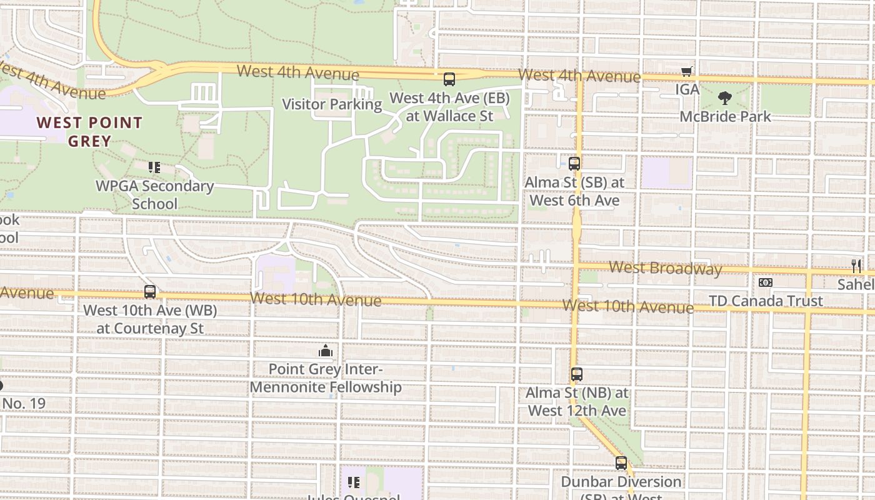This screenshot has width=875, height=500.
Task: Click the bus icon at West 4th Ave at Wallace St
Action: pyautogui.click(x=449, y=79)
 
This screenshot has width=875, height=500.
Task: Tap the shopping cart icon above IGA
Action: pyautogui.click(x=687, y=72)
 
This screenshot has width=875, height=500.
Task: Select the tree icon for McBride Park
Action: pyautogui.click(x=725, y=98)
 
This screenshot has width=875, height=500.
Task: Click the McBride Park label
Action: pyautogui.click(x=725, y=116)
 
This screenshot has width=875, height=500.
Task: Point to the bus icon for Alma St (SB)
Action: pyautogui.click(x=574, y=164)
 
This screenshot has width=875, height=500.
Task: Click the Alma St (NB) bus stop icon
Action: pyautogui.click(x=576, y=375)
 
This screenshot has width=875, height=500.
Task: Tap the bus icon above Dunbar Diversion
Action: pyautogui.click(x=621, y=463)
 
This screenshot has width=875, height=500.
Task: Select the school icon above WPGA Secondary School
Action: pyautogui.click(x=154, y=167)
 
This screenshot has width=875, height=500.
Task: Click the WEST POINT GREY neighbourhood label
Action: pyautogui.click(x=89, y=131)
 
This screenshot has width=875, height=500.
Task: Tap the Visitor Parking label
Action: pyautogui.click(x=332, y=104)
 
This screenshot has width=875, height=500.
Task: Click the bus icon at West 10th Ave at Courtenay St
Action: pyautogui.click(x=150, y=292)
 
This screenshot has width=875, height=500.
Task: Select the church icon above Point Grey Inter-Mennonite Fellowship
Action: pyautogui.click(x=325, y=351)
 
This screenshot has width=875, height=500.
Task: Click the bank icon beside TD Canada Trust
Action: pyautogui.click(x=765, y=282)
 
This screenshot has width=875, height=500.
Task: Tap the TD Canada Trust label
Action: pyautogui.click(x=766, y=301)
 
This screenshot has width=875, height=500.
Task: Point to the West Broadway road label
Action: pyautogui.click(x=665, y=269)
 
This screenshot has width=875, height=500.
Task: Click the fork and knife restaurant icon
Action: pyautogui.click(x=856, y=266)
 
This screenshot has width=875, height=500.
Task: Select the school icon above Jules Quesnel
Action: pyautogui.click(x=354, y=482)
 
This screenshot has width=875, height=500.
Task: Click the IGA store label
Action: pyautogui.click(x=687, y=89)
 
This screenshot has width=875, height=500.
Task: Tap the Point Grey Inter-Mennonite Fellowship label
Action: pyautogui.click(x=326, y=378)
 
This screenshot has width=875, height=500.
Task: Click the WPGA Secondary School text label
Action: pyautogui.click(x=154, y=194)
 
